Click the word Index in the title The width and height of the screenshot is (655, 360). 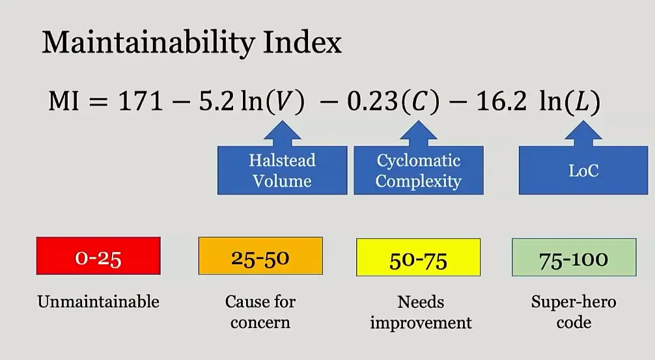tap(303, 42)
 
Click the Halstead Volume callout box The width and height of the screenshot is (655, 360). tap(283, 170)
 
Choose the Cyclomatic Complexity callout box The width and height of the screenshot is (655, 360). tap(419, 170)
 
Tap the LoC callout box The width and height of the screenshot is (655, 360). tap(583, 170)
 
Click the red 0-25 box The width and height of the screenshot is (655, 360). tap(98, 256)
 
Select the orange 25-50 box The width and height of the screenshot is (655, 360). tap(260, 256)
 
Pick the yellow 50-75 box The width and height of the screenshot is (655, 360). tap(419, 257)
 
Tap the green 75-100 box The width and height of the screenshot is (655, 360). tap(574, 257)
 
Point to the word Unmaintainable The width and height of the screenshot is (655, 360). tap(98, 301)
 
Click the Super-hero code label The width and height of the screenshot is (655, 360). tap(574, 312)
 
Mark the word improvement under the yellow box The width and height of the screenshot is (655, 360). tap(421, 323)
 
